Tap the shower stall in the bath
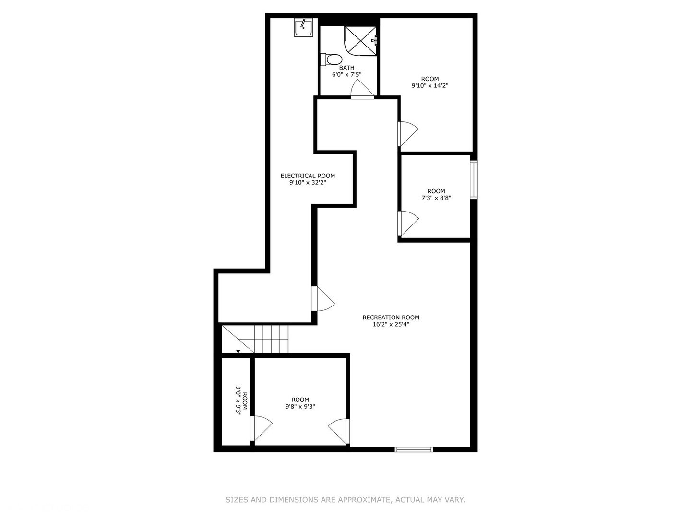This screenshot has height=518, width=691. [x=360, y=41]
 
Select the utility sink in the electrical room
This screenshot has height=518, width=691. [x=304, y=27]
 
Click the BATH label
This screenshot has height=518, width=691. [x=346, y=68]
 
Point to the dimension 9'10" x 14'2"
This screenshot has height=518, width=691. [x=429, y=85]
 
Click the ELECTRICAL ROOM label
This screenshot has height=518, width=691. [x=308, y=176]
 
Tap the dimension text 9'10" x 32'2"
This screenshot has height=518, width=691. [x=308, y=183]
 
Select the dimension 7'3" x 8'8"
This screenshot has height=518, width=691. [x=436, y=198]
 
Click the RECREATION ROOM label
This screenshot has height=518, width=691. [x=391, y=318]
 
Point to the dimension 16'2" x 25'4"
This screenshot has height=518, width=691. [x=391, y=325]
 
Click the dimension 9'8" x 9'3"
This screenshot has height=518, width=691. [x=300, y=407]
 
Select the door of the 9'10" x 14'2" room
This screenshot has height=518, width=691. [x=408, y=134]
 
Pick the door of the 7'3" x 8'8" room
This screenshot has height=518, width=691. [x=408, y=224]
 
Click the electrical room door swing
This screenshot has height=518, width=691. [x=323, y=298]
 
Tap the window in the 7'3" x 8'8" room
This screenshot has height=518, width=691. [x=474, y=179]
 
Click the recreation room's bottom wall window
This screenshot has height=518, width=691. [x=414, y=449]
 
